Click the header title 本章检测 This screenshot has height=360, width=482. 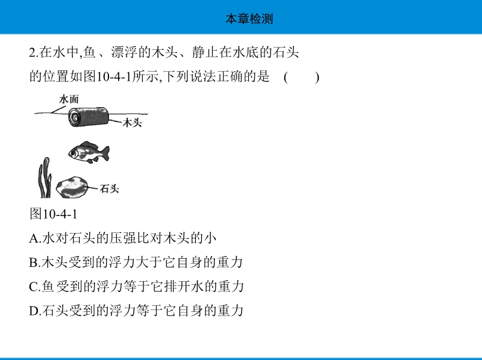tap(249, 19)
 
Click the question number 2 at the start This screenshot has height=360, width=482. tap(33, 52)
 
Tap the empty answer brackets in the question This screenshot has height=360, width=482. tap(302, 77)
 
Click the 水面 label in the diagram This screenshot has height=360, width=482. tap(69, 99)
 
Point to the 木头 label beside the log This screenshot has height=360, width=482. tap(132, 123)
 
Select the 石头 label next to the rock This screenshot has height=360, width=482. tap(109, 188)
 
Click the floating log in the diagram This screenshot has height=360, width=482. tap(89, 117)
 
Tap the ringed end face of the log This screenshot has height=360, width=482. tap(74, 118)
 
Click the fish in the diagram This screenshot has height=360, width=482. tap(89, 152)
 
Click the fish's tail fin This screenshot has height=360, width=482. tap(105, 154)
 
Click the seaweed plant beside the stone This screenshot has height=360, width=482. tap(45, 178)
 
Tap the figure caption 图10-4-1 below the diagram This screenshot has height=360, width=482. tap(54, 214)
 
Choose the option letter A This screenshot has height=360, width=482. tap(33, 238)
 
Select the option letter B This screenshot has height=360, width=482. tap(33, 262)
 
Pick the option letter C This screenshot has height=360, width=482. tap(33, 287)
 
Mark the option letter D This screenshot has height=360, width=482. tap(33, 311)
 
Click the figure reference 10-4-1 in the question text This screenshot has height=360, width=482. tap(114, 77)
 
